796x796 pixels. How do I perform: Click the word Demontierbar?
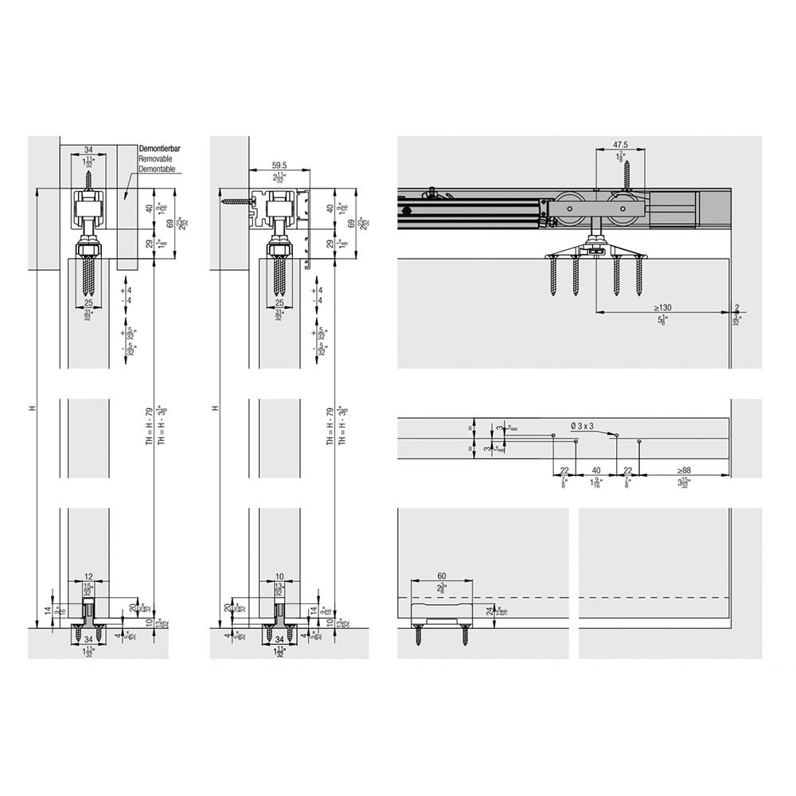pos(161,149)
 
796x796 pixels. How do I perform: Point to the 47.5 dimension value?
pos(621,145)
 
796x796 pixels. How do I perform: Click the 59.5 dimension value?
pos(279,166)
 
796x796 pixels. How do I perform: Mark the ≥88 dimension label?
pos(684,470)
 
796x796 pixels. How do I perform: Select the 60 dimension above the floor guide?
pos(442,576)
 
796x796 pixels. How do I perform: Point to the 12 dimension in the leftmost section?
pos(88,576)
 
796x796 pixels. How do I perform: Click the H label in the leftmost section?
pos(33,408)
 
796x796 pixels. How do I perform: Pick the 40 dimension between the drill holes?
pos(595,470)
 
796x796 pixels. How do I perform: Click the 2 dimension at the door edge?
pos(738,307)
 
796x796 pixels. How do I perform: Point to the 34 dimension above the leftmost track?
pos(88,149)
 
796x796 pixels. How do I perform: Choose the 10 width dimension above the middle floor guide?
pos(279,576)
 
